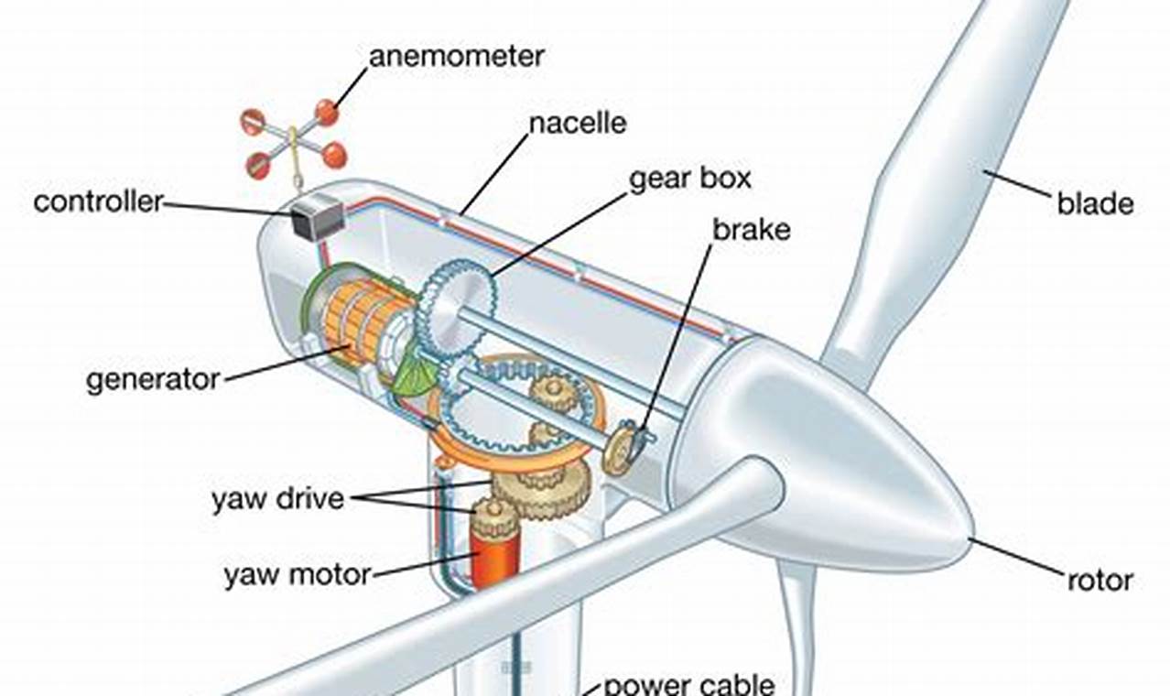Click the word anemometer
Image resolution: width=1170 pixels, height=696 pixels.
point(456,56)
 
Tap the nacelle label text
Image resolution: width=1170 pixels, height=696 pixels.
point(578,123)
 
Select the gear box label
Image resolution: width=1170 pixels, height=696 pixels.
point(688,178)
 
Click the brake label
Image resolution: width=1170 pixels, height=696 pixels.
point(751,230)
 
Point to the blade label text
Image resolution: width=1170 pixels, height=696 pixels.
point(1095,202)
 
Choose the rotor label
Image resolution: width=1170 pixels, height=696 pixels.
point(1100,580)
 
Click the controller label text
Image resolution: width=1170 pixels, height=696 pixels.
point(98,201)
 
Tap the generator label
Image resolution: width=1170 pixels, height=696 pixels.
point(153,378)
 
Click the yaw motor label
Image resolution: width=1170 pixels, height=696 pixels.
point(298,575)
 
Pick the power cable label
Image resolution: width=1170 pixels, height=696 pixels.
point(688,683)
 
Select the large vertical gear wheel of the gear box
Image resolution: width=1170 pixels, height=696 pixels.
point(455,308)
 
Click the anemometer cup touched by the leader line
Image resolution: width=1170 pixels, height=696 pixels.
point(327,113)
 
